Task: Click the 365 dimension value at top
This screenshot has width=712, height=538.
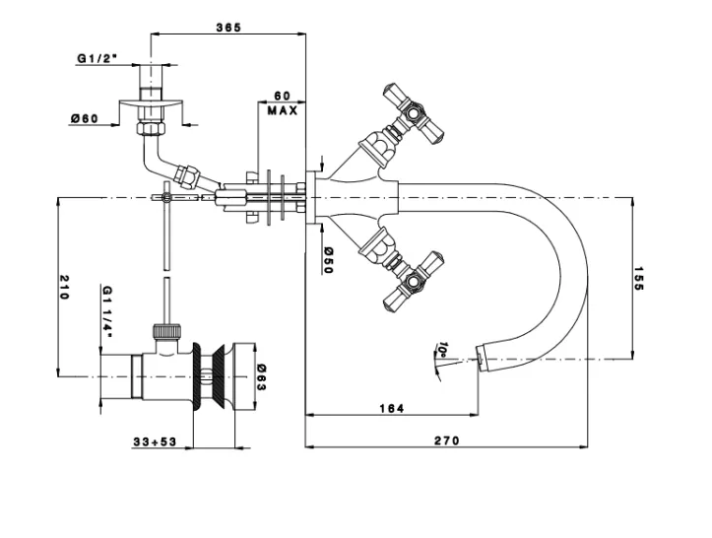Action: pyautogui.click(x=228, y=28)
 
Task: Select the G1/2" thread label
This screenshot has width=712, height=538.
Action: pyautogui.click(x=97, y=58)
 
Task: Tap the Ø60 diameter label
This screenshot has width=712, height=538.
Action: pyautogui.click(x=84, y=119)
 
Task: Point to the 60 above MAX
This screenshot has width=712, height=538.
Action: pyautogui.click(x=282, y=96)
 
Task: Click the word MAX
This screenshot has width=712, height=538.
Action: pyautogui.click(x=283, y=110)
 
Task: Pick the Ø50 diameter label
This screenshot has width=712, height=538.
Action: pyautogui.click(x=329, y=260)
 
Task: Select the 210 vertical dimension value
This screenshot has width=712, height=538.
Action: pyautogui.click(x=64, y=287)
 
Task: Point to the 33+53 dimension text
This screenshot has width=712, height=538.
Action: pyautogui.click(x=155, y=442)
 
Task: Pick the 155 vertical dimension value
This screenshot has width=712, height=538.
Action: pyautogui.click(x=638, y=279)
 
